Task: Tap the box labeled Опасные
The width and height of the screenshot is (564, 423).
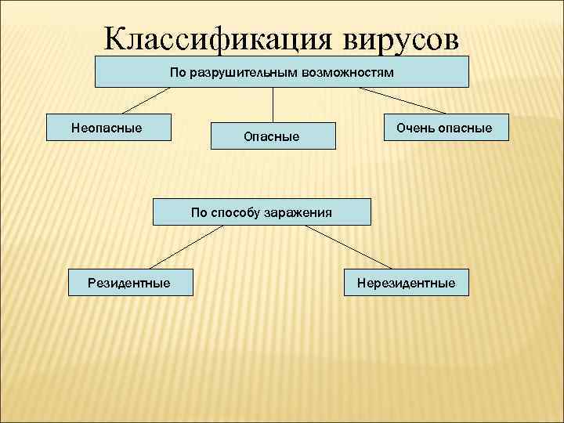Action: pos(272,136)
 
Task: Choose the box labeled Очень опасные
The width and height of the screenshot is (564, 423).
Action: pos(444,127)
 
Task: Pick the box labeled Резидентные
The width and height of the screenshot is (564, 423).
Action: pos(129,282)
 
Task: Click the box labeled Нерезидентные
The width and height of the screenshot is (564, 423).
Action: pos(406,282)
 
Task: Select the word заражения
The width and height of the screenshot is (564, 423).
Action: pos(297,211)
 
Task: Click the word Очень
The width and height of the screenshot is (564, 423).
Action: pos(413,127)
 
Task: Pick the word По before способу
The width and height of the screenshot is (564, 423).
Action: pos(199,211)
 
